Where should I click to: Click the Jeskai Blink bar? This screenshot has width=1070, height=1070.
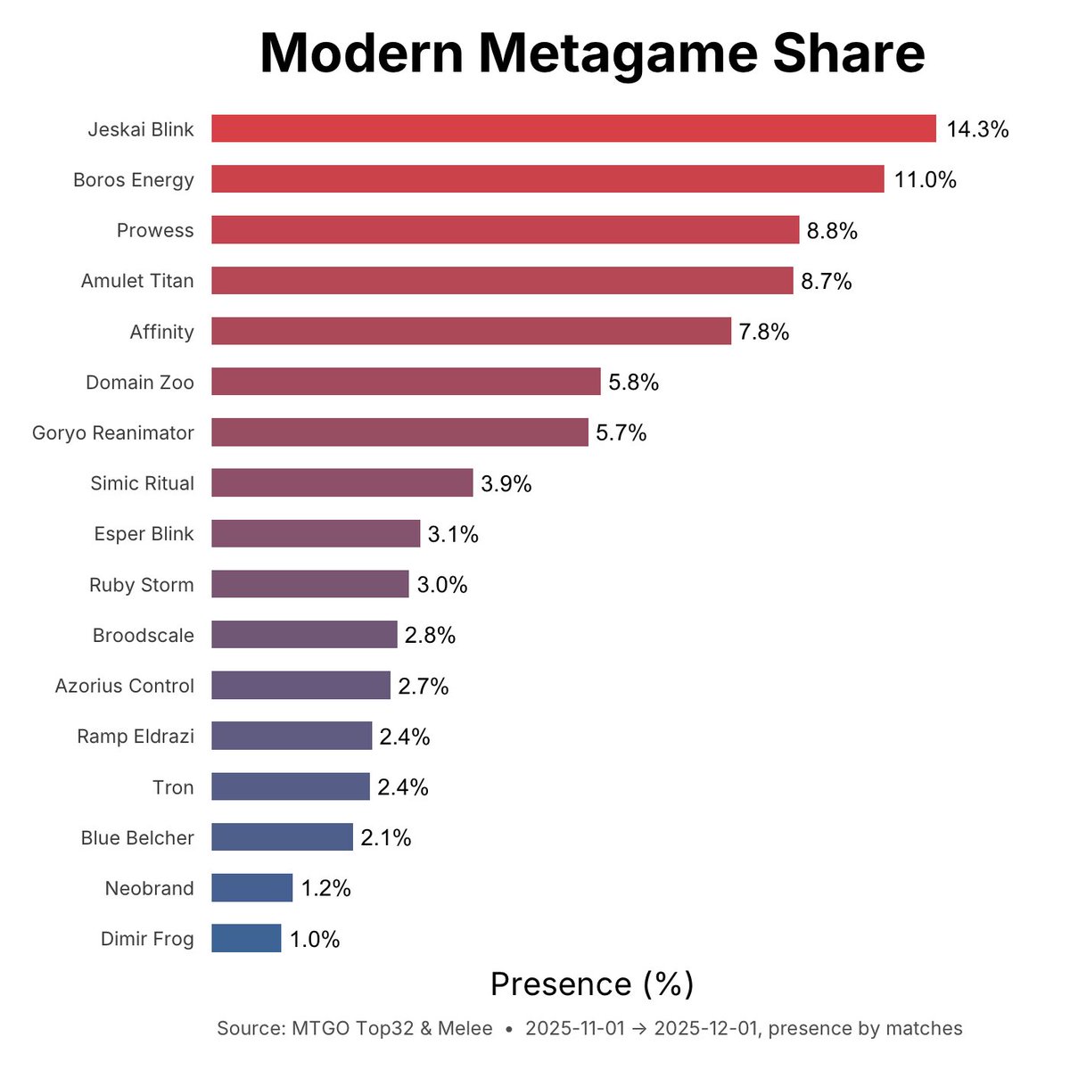pos(573,128)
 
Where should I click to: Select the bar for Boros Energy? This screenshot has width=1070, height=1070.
pos(547,179)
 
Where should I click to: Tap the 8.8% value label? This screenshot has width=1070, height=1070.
pos(832,231)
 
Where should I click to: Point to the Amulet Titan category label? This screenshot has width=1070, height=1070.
pos(137,281)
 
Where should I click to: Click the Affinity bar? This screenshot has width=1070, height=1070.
pos(471,331)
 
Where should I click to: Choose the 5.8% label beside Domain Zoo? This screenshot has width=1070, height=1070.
pos(633,383)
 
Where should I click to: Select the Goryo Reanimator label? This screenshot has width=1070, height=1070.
pos(113,432)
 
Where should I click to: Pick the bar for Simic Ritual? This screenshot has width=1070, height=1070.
pos(342,483)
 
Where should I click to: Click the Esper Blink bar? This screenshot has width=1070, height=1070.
pos(316,534)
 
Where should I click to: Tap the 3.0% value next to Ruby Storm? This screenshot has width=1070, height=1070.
pos(442,585)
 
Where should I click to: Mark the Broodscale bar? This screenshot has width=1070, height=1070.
pos(304,635)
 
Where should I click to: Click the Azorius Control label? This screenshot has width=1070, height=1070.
pos(124,686)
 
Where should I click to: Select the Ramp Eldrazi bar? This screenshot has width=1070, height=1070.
pos(292,736)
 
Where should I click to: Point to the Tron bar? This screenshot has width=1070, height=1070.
pos(291,786)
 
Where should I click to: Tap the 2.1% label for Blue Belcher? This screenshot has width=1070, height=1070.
pos(386,837)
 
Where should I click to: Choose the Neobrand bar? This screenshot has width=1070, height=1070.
pos(252,888)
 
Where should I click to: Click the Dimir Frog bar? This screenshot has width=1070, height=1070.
pos(246,938)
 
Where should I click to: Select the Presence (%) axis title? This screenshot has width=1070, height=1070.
pos(592,984)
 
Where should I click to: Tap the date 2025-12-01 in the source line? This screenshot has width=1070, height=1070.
pos(705,1028)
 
